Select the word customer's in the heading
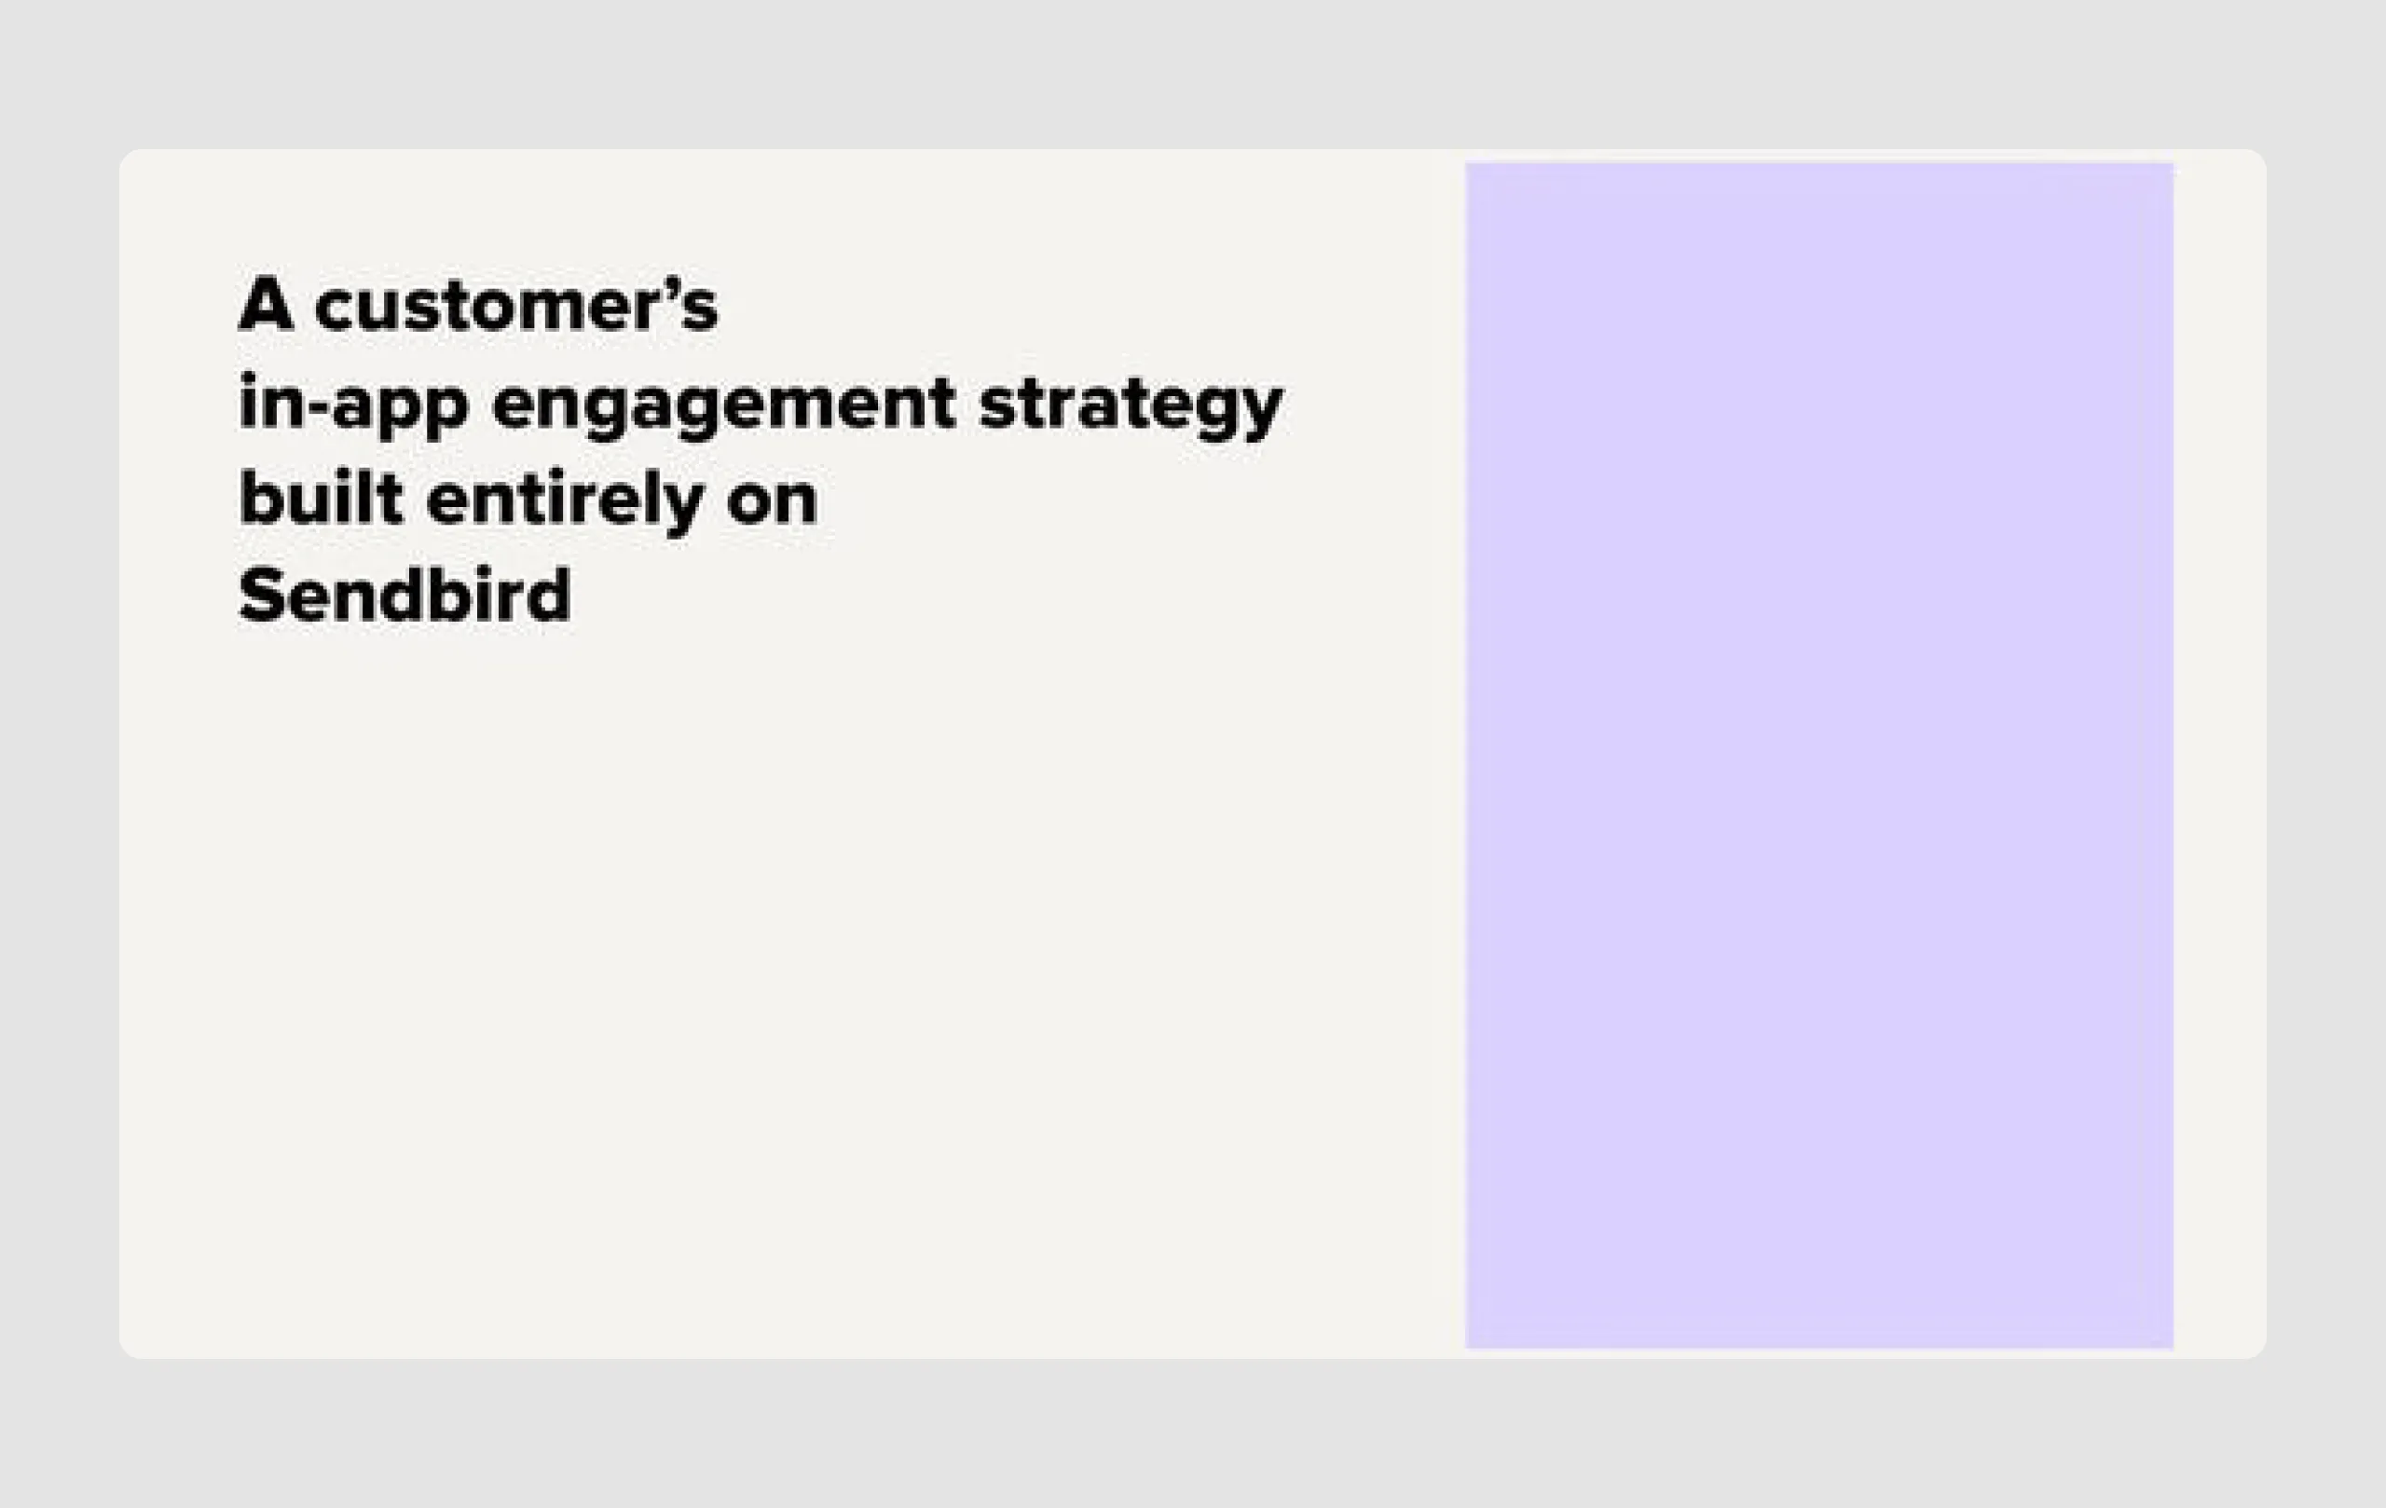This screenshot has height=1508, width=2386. click(516, 305)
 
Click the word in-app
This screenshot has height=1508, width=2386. click(352, 404)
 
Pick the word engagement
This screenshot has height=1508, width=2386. click(723, 404)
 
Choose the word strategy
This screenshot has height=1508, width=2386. click(1130, 404)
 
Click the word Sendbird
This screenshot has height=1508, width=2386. click(405, 595)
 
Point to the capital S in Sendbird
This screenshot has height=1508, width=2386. click(261, 595)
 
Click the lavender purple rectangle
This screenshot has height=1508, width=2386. click(1819, 755)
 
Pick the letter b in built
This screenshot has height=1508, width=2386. click(261, 499)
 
